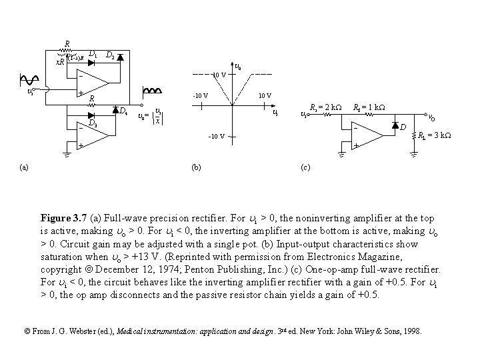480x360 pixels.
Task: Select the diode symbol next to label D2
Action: (x=120, y=57)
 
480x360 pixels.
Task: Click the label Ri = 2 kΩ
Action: (x=326, y=107)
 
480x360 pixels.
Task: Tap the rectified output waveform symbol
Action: (x=153, y=91)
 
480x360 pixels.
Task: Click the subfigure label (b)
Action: (x=196, y=167)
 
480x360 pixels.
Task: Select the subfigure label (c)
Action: (x=303, y=167)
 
